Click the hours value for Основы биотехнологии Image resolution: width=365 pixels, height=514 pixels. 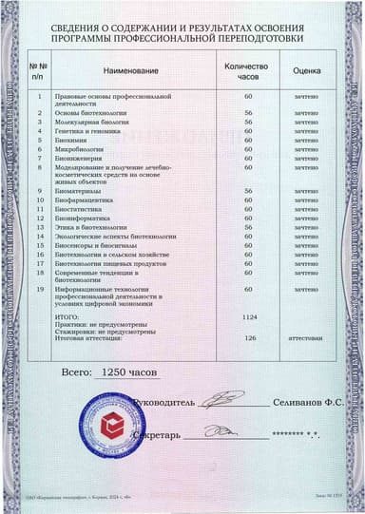click(x=248, y=113)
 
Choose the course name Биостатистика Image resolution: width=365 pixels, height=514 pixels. click(x=82, y=210)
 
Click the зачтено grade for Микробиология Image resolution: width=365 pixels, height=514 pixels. click(x=305, y=148)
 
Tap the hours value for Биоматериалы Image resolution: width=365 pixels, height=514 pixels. click(x=248, y=192)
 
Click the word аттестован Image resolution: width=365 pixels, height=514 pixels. click(x=305, y=336)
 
